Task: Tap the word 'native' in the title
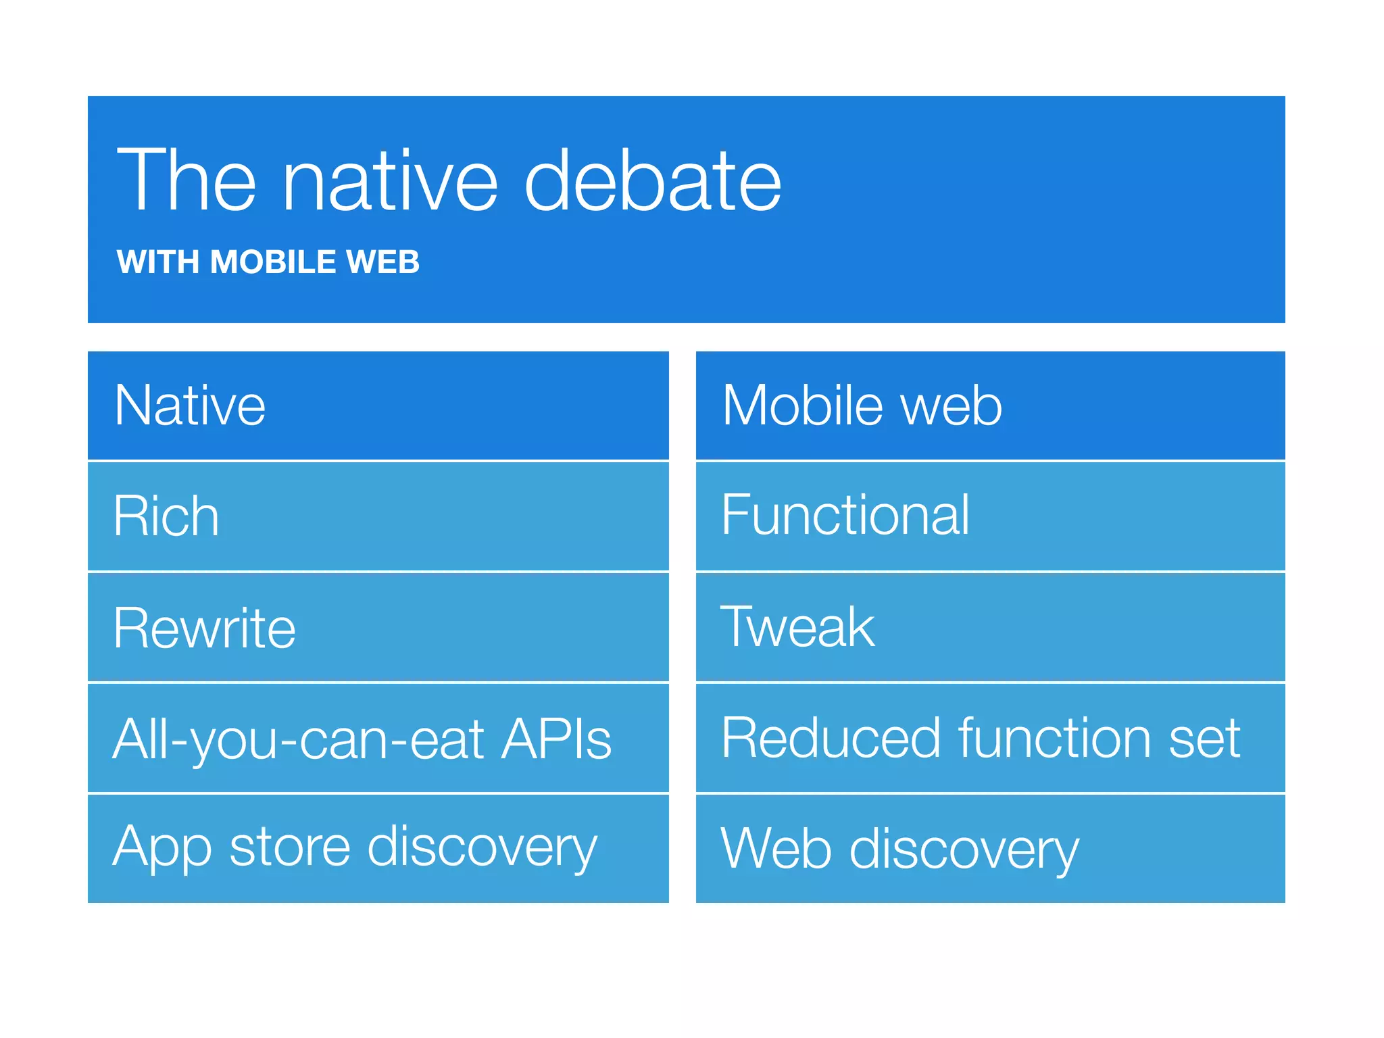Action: [390, 181]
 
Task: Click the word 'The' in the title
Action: [187, 181]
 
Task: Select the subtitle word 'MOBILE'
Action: [272, 262]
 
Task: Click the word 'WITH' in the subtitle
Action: [158, 262]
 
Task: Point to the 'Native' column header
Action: [190, 405]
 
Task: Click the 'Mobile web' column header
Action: [862, 405]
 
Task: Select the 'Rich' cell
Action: [166, 516]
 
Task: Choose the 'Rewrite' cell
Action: [204, 628]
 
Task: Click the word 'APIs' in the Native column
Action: [555, 739]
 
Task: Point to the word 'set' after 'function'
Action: [1205, 739]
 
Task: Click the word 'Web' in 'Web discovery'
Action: [776, 849]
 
